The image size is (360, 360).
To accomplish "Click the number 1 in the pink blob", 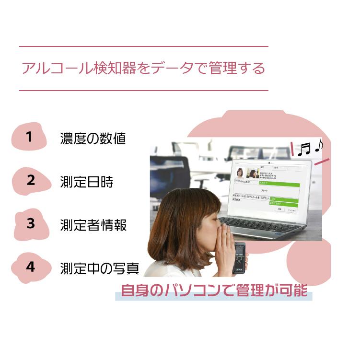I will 29,137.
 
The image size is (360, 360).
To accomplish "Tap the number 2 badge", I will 31,181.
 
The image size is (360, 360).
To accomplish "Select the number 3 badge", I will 31,223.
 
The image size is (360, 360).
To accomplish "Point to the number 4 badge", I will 31,267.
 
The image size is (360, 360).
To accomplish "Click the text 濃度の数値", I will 93,139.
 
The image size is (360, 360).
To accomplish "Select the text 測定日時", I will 87,182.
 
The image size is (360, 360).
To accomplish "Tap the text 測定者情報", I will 93,225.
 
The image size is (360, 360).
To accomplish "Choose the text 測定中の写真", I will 100,268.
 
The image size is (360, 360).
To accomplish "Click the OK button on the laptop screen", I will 279,209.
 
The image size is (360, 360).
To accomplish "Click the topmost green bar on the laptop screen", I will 279,183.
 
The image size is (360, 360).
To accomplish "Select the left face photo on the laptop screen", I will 239,173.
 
